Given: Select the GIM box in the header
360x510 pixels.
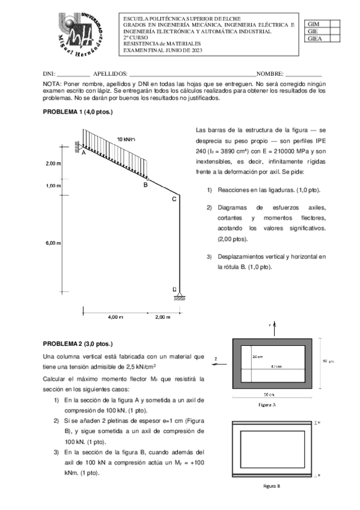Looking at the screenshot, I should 314,23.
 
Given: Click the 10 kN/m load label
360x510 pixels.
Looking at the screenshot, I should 126,140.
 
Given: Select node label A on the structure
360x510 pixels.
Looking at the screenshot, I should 84,154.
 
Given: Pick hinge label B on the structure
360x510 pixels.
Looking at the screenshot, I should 145,185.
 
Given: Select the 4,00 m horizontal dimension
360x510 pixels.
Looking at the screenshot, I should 116,316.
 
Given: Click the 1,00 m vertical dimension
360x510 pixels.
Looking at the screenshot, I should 53,186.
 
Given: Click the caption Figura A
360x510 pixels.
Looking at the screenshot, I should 267,405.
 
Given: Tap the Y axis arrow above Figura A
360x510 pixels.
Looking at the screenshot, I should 275,328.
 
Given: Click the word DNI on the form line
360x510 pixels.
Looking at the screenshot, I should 49,72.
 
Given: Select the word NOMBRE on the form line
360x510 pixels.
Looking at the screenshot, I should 270,72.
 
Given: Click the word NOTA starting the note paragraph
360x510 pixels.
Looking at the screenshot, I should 53,84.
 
